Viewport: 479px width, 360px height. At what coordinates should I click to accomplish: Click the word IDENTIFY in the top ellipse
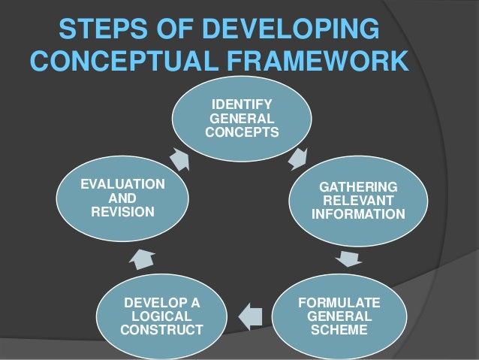[241, 104]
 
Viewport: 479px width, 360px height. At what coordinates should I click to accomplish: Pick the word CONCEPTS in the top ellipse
[241, 132]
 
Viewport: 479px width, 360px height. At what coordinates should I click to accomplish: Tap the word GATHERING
[358, 187]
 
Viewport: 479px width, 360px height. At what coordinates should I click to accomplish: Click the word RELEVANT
[358, 201]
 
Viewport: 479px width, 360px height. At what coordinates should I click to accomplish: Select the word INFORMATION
[358, 214]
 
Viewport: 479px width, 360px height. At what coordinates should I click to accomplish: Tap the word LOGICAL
[161, 316]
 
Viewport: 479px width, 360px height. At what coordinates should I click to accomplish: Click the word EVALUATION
[122, 184]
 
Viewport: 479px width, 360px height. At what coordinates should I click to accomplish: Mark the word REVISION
[122, 212]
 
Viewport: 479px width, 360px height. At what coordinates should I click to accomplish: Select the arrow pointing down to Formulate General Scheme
[347, 259]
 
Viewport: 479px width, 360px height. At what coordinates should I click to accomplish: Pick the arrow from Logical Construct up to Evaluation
[142, 259]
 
